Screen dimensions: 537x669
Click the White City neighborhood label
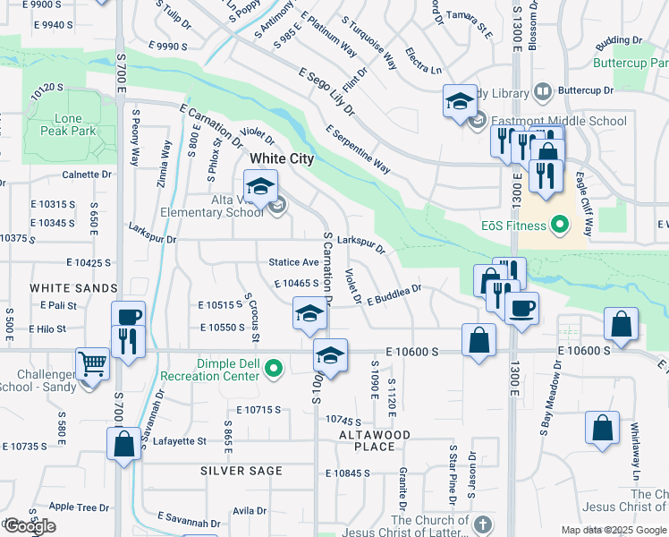[282, 158]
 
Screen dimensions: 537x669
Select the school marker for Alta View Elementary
[260, 186]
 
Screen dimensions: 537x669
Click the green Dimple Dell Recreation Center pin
[275, 366]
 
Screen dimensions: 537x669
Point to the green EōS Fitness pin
[560, 224]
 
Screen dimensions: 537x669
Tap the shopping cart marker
[92, 363]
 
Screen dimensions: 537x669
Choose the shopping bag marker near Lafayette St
[123, 444]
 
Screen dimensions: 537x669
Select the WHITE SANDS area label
[73, 288]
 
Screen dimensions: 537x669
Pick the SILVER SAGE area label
[241, 471]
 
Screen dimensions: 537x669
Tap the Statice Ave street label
[294, 262]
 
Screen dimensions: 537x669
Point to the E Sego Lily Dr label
[327, 91]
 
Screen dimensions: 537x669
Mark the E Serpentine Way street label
[359, 149]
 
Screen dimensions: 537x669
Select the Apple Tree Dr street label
[72, 507]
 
